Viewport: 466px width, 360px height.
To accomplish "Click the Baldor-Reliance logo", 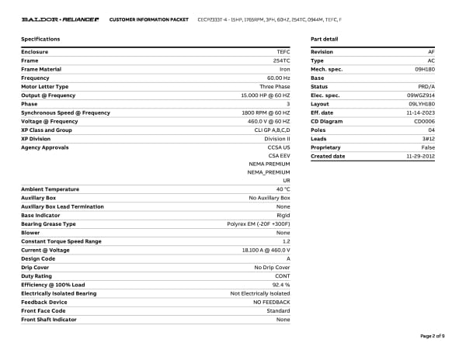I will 60,19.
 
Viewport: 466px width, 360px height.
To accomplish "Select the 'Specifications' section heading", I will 40,39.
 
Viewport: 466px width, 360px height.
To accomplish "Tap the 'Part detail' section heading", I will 324,39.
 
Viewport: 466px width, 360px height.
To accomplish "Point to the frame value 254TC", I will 281,60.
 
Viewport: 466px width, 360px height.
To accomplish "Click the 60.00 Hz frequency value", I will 278,78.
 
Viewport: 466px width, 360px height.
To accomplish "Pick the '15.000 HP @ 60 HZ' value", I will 266,95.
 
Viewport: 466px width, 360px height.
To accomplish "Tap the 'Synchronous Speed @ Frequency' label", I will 65,112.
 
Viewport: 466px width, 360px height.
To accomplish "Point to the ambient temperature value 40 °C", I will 283,189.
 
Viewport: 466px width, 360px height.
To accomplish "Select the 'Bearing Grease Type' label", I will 48,224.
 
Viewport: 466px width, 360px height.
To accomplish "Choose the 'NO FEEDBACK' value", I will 271,302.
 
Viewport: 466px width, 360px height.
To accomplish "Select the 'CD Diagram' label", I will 326,121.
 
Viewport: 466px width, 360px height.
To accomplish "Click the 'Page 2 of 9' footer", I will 432,336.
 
